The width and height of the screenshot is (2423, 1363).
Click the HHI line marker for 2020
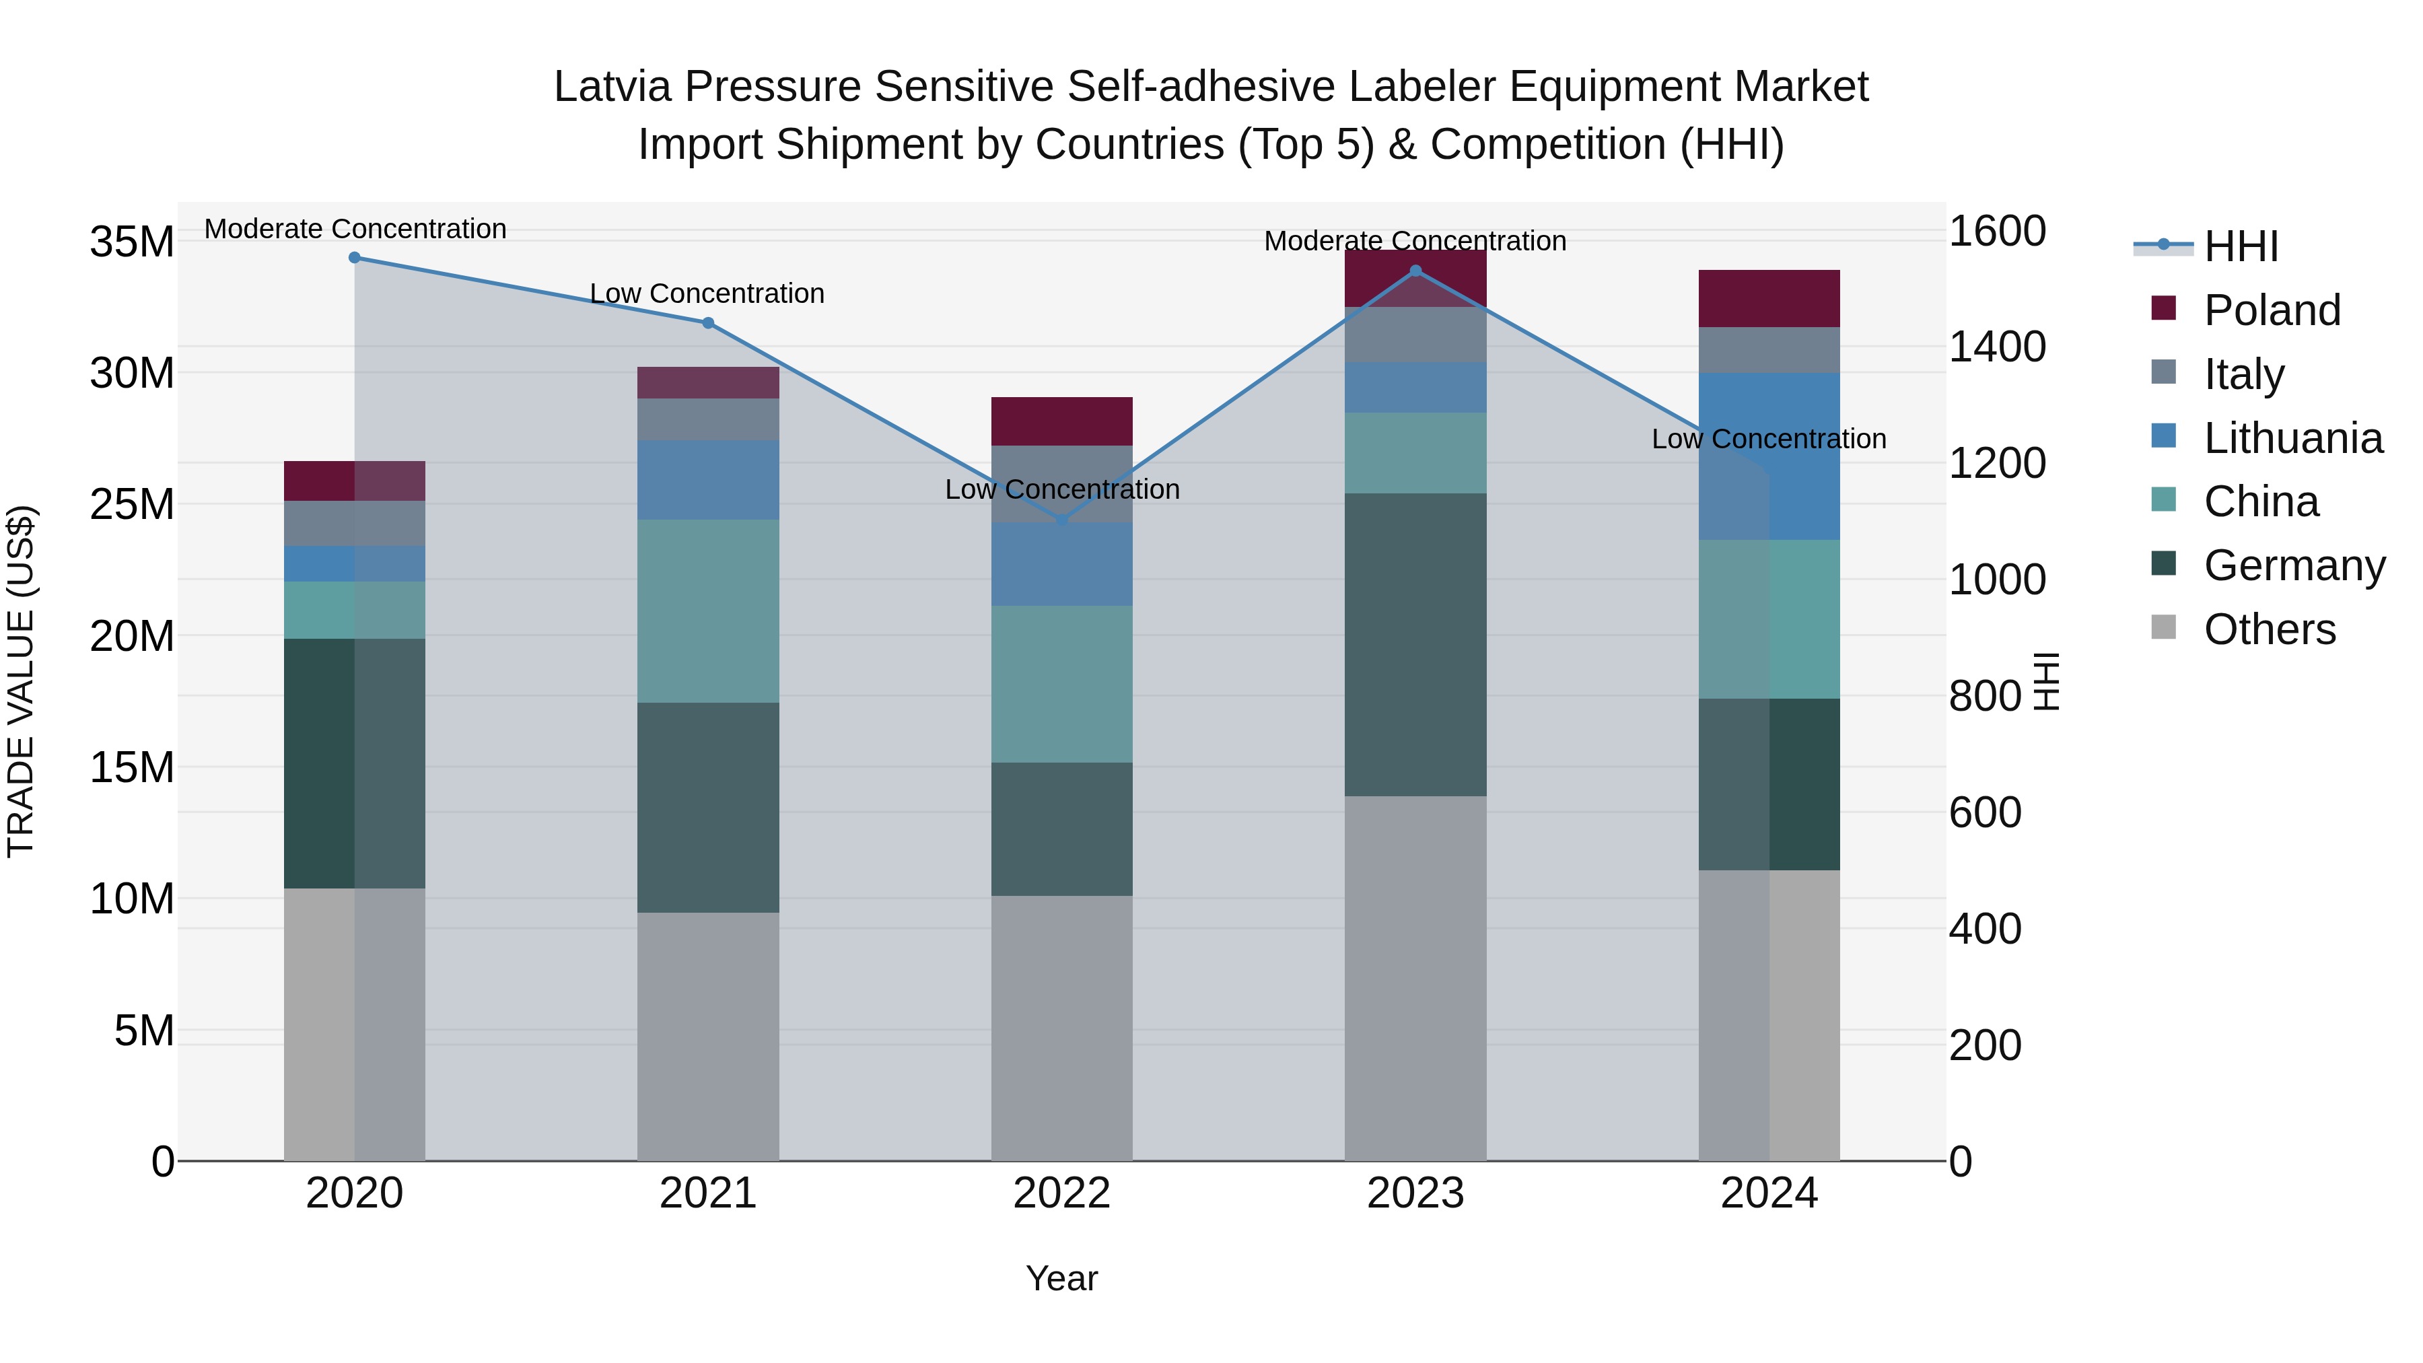tap(355, 258)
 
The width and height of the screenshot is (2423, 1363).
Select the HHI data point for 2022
tap(1062, 520)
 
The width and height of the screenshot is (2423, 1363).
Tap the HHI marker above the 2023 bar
tap(1415, 271)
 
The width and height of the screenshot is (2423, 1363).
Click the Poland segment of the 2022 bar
tap(1062, 421)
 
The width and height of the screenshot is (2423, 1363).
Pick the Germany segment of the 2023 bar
tap(1415, 644)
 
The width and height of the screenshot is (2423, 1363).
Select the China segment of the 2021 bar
tap(708, 611)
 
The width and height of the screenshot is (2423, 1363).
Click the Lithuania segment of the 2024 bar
tap(1769, 456)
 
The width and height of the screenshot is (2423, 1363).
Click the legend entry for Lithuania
tap(2292, 438)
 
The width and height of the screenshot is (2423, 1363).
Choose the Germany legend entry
tap(2293, 565)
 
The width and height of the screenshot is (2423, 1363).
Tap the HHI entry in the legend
tap(2241, 246)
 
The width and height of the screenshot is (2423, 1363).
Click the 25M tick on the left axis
tap(132, 505)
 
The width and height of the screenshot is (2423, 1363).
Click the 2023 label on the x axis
tap(1415, 1193)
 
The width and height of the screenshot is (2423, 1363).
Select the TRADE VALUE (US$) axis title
tap(21, 682)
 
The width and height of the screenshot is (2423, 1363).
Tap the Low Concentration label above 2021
tap(707, 293)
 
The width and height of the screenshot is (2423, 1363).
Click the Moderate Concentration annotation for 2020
tap(355, 230)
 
